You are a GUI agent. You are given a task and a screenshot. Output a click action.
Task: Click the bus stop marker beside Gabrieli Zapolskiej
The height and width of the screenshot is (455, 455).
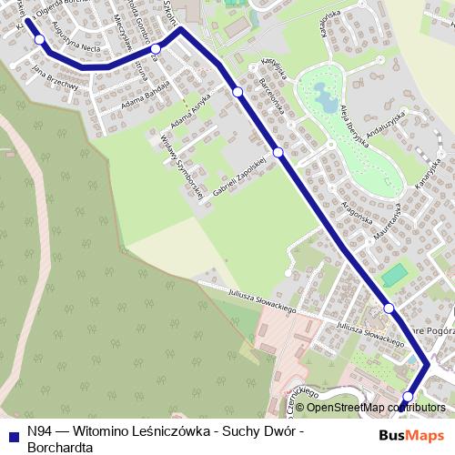click(278, 152)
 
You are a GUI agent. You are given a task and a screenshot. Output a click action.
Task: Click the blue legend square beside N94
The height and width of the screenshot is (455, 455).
click(12, 435)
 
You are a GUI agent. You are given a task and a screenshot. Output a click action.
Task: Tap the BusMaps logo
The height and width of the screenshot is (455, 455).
click(411, 435)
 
